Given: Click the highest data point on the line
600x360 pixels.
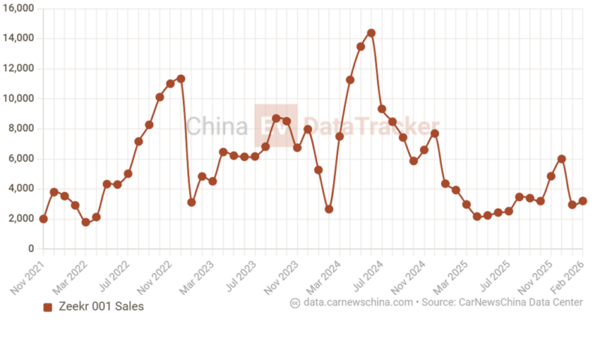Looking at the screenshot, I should click(x=371, y=33).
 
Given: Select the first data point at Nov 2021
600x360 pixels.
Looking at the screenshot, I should click(x=43, y=219).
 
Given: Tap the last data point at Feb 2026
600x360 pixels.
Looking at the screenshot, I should click(x=583, y=201).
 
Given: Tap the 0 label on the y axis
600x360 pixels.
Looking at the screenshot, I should click(x=31, y=248).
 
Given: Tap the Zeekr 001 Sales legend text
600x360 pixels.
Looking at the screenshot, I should click(x=101, y=306).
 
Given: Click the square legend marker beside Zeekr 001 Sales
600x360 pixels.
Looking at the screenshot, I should click(x=48, y=307).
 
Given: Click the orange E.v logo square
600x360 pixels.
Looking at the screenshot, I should click(x=275, y=125).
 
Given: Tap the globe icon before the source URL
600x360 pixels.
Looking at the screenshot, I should click(x=295, y=302).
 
